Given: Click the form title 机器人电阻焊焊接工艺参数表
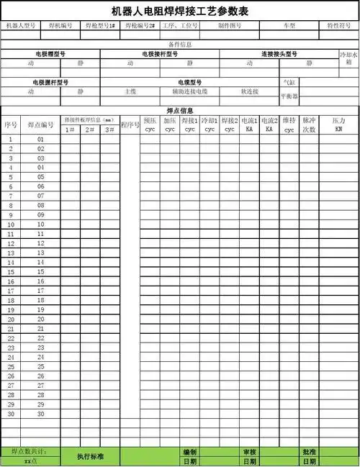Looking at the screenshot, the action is tap(181, 11).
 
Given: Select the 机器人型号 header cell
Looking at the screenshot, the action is tap(21, 26).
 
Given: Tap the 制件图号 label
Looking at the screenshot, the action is tap(230, 26).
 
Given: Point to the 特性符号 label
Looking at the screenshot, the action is tap(339, 26).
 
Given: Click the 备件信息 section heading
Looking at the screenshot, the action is tap(179, 45).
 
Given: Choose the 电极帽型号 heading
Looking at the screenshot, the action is tap(50, 54).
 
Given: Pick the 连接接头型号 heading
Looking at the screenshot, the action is tap(279, 54).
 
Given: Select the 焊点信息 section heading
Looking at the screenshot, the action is tap(179, 111).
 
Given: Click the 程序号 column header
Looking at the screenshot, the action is tap(130, 124).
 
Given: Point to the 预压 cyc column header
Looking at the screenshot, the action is tap(150, 124).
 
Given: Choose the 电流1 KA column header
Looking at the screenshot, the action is tap(249, 124).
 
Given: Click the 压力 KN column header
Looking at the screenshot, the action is tap(338, 124).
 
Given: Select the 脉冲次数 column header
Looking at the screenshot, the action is tap(309, 124).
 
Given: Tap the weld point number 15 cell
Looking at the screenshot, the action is tap(41, 272).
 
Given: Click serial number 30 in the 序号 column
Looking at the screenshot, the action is tap(11, 414).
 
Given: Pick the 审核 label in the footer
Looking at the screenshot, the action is tap(249, 452).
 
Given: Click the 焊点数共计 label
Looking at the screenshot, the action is tap(30, 452).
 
